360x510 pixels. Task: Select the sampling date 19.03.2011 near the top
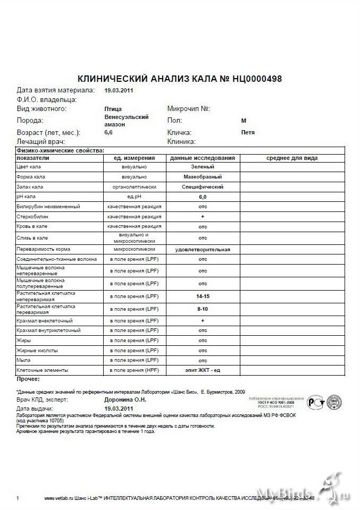119,90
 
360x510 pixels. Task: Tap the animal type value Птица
113,109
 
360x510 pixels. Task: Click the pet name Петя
248,132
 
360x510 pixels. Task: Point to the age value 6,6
108,132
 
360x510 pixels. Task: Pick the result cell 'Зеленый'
203,167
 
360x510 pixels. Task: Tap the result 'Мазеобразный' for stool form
203,176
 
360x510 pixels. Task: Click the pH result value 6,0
203,197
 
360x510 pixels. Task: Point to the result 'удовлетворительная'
203,249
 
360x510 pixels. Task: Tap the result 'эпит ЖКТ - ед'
203,370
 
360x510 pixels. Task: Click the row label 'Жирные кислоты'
37,351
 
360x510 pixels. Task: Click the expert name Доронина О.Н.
125,399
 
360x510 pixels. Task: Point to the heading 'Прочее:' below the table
28,379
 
